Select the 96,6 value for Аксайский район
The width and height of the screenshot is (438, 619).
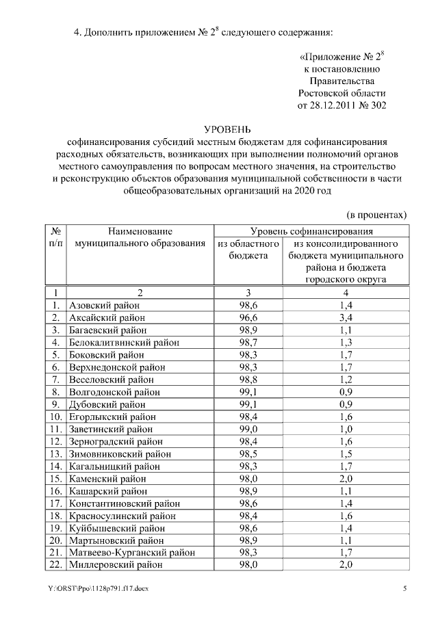click(x=248, y=317)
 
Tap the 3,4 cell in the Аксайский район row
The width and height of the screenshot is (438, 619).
click(x=346, y=317)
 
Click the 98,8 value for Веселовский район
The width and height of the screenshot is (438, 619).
click(x=248, y=380)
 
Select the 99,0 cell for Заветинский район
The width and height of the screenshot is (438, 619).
click(x=248, y=429)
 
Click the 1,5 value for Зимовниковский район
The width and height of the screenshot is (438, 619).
click(x=346, y=453)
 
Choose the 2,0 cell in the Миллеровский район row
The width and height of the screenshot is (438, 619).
click(x=346, y=564)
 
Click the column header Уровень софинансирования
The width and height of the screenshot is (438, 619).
click(x=311, y=232)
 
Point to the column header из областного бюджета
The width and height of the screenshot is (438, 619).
click(x=248, y=249)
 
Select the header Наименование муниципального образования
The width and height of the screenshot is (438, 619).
click(x=140, y=237)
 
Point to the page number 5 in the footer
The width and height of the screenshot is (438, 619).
click(x=404, y=589)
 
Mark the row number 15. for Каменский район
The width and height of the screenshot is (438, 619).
click(x=56, y=478)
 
